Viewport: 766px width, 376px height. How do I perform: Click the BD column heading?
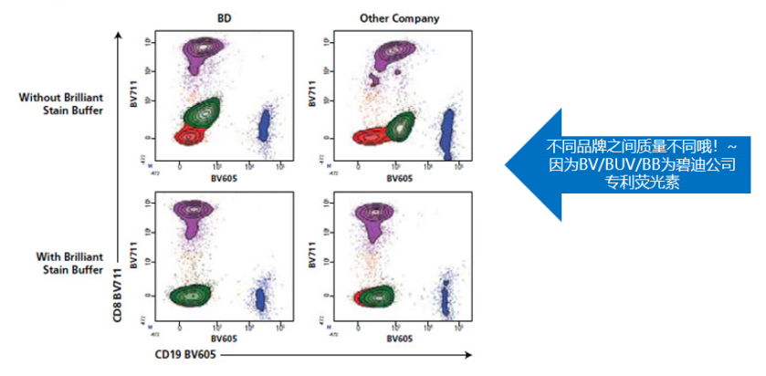click(x=224, y=18)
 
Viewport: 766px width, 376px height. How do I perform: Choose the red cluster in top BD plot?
click(x=188, y=136)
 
